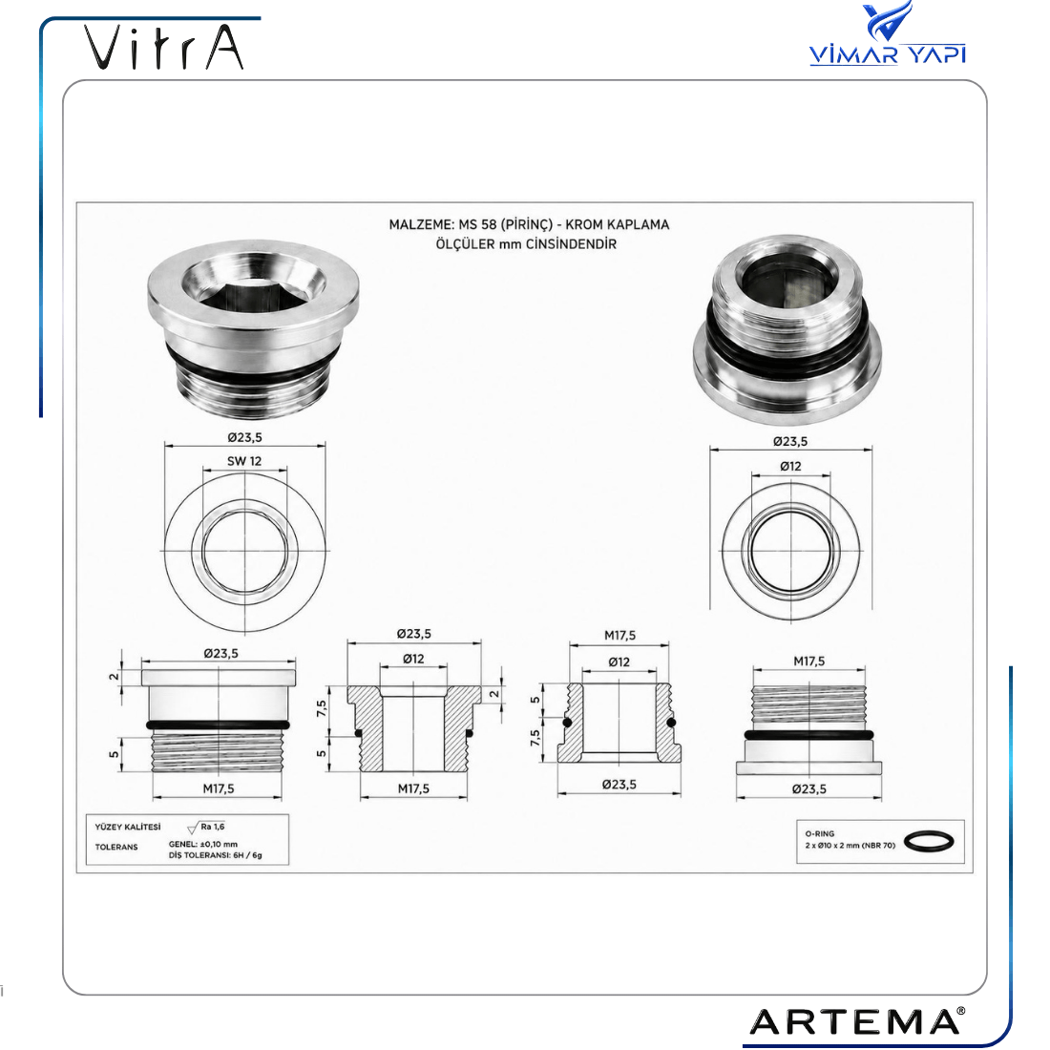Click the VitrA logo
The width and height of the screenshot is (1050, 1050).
(x=163, y=47)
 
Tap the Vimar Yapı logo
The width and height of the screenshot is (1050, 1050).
(x=888, y=33)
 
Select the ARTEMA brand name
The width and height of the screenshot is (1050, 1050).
(x=858, y=1022)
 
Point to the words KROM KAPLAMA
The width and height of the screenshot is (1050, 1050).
(x=617, y=225)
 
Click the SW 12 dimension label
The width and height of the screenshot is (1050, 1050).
(x=244, y=461)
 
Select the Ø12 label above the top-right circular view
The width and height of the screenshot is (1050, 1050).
(x=790, y=466)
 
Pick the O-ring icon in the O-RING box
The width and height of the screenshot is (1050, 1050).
(x=929, y=842)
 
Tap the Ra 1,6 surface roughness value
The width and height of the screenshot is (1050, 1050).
(x=212, y=827)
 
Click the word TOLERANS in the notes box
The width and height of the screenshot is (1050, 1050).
(x=116, y=847)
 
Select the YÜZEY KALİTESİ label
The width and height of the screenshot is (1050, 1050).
(x=128, y=827)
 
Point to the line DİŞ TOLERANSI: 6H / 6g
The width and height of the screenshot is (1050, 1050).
(x=215, y=855)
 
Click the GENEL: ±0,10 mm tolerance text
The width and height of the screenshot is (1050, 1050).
(x=203, y=845)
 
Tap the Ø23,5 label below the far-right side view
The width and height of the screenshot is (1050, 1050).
(x=808, y=788)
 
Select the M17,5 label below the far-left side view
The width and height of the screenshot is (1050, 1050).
(x=219, y=788)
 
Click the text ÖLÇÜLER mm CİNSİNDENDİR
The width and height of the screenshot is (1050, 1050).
(x=526, y=243)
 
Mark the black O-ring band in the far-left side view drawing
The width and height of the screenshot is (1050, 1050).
(x=219, y=725)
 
